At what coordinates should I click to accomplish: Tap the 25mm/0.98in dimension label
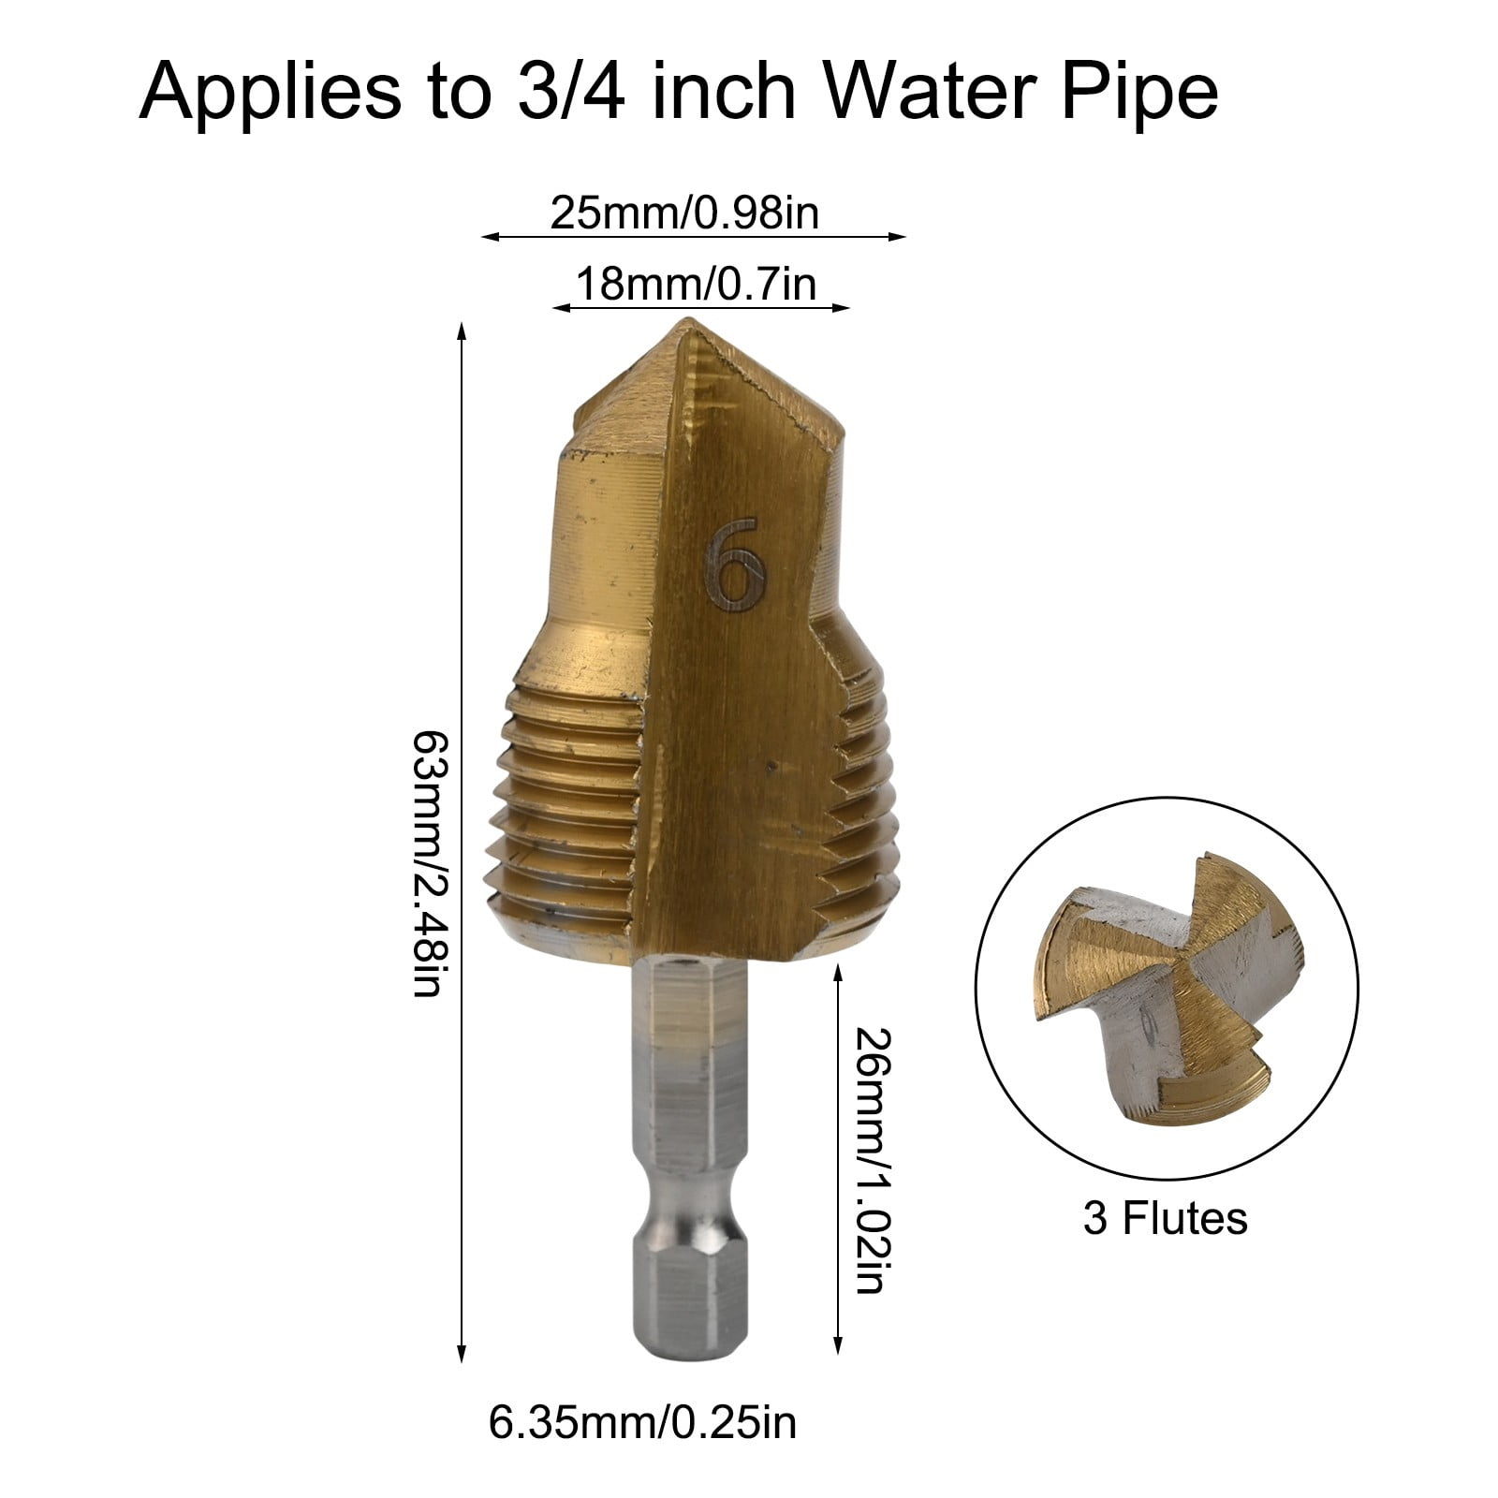(x=683, y=213)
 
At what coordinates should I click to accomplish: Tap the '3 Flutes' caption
(x=1166, y=1219)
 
